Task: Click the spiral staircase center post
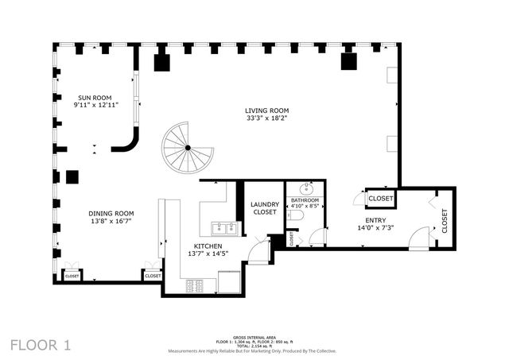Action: (x=188, y=148)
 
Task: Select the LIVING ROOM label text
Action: (x=266, y=110)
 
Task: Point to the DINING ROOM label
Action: (x=111, y=214)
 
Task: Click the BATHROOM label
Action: (x=305, y=200)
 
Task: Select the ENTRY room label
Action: (x=376, y=220)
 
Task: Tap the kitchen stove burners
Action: (x=196, y=285)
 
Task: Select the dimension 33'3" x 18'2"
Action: (x=266, y=118)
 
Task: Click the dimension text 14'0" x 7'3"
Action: (x=376, y=228)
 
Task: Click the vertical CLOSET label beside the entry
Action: (x=444, y=221)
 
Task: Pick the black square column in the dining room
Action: (x=73, y=176)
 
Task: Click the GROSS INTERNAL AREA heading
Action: (x=252, y=338)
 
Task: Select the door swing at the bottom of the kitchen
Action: (x=258, y=253)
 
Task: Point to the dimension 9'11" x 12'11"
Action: (x=96, y=104)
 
